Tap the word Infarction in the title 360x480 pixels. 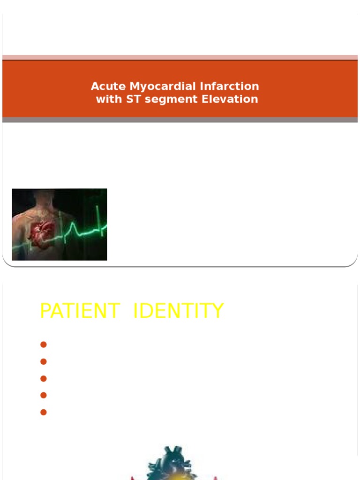click(x=230, y=87)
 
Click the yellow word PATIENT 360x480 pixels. click(x=80, y=311)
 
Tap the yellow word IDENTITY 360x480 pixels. click(x=179, y=311)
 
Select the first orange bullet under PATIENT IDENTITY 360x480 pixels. click(x=44, y=345)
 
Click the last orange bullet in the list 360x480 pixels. click(x=44, y=412)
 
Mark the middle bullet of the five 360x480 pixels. click(x=44, y=378)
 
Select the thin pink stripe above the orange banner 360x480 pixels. click(x=180, y=57)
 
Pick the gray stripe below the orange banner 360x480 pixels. click(x=180, y=120)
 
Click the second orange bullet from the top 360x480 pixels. click(x=44, y=361)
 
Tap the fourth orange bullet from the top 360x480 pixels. click(x=44, y=395)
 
